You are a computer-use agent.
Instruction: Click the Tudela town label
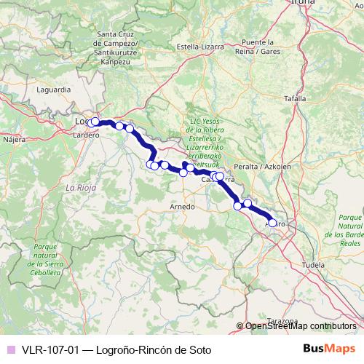[x=312, y=265]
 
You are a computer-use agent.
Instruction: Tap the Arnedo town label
[x=182, y=207]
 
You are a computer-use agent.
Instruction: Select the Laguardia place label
[x=55, y=90]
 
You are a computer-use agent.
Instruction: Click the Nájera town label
[x=14, y=138]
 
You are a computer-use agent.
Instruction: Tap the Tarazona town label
[x=283, y=321]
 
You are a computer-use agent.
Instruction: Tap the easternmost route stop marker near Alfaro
[x=273, y=223]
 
